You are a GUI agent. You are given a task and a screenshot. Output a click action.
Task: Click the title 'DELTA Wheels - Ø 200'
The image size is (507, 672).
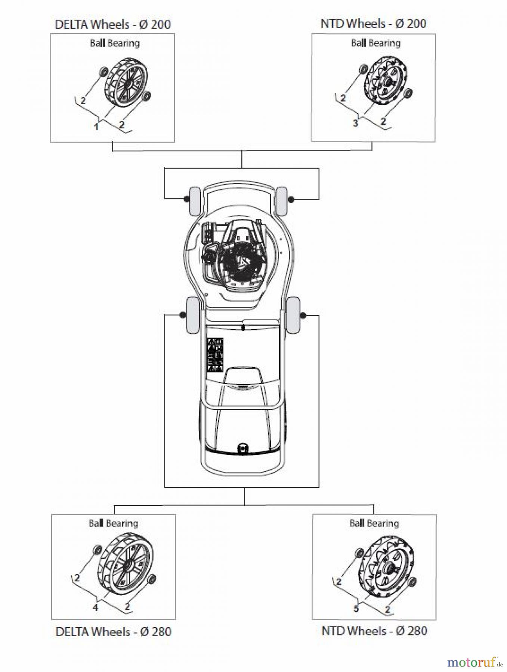112,25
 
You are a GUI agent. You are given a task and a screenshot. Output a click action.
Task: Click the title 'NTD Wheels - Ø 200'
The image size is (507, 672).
373,24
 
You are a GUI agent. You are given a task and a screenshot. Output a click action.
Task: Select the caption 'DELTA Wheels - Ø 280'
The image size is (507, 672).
113,632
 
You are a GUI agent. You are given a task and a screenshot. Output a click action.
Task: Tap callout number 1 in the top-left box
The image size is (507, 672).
96,127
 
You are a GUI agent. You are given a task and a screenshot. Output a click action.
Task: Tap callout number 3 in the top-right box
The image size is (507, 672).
355,123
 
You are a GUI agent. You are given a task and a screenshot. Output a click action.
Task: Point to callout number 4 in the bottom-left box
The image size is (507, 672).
95,608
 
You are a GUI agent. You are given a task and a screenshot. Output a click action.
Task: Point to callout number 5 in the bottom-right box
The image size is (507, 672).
356,609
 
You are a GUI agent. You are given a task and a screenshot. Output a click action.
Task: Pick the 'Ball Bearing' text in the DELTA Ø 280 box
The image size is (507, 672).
113,523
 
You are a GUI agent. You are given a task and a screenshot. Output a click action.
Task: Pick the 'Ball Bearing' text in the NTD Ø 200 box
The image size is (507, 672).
375,43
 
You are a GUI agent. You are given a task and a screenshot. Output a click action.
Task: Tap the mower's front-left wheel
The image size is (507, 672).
195,201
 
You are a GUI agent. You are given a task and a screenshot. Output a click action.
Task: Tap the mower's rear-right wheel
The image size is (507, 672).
293,315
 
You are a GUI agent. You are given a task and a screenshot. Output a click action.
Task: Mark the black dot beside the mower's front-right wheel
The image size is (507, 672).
291,200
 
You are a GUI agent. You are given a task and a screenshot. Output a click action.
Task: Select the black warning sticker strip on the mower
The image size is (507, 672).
215,355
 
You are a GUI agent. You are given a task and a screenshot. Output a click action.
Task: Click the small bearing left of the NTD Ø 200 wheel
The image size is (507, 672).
362,69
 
